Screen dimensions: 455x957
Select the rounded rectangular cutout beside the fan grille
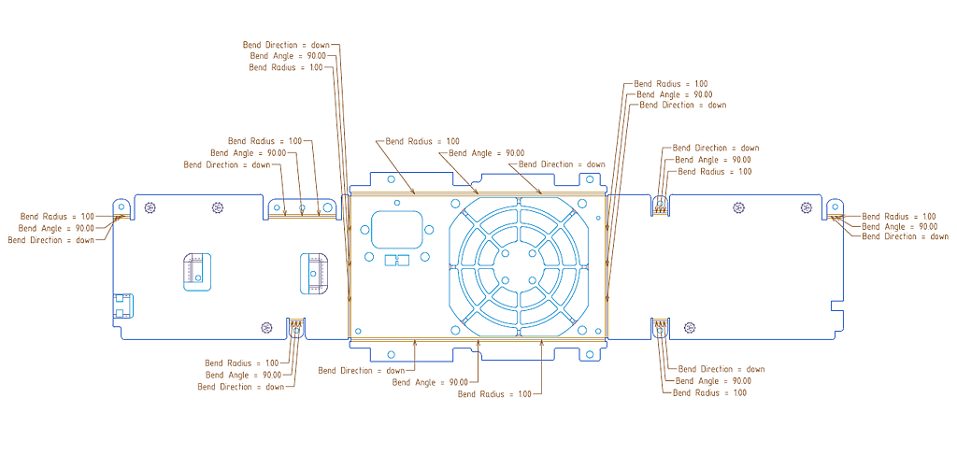tap(396, 228)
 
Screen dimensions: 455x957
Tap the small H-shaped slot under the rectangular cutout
tap(398, 261)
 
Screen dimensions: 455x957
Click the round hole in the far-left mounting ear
tap(120, 207)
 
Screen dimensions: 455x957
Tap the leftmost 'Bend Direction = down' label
tap(50, 240)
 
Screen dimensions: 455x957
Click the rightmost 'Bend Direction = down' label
tap(905, 236)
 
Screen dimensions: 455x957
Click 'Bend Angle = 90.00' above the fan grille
tap(486, 153)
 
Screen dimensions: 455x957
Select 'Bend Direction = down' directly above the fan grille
tap(561, 164)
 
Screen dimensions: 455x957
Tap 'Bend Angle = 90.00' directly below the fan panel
tap(430, 382)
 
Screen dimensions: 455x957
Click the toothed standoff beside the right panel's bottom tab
tap(690, 327)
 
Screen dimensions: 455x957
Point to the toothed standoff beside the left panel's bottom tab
tap(266, 327)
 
